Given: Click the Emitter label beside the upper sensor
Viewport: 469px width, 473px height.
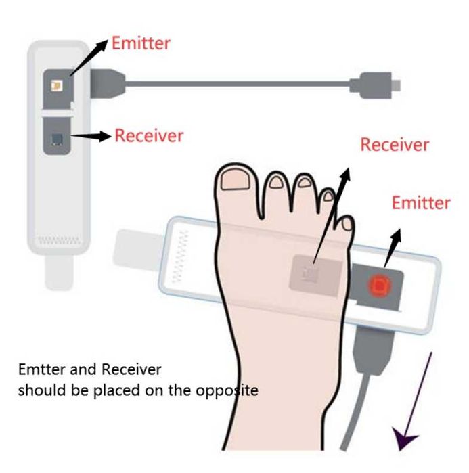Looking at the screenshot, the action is coord(141,43).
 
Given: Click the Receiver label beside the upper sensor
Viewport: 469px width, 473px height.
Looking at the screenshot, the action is coord(149,135).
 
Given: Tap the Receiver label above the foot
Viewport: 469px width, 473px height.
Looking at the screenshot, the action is coord(395,145).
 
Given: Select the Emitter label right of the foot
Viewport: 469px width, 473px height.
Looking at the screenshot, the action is coord(421,203).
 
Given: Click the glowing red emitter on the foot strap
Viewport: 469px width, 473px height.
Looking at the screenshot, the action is coord(378,285).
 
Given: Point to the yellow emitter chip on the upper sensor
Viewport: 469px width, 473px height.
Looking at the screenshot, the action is coord(57,86).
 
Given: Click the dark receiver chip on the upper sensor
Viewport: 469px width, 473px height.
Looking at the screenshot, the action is coord(57,139).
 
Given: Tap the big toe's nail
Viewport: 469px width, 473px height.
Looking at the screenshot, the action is coord(236,181).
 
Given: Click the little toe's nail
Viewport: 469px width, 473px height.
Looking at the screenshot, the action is coord(347,223).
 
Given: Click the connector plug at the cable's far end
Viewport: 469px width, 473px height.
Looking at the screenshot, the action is coord(375,85).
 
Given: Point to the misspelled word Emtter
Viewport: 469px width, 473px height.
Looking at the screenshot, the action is coord(42,369).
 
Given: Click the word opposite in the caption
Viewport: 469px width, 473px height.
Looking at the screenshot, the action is coord(227,391).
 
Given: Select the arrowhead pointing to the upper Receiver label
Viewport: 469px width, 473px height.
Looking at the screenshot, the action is coord(104,136).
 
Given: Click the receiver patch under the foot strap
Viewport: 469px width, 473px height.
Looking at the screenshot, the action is coord(315,275).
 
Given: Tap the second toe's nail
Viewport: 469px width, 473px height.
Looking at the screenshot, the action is coord(275,182).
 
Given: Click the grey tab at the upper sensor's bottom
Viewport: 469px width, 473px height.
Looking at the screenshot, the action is coord(59,272).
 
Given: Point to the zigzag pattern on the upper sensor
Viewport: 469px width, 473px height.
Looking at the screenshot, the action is coord(59,240).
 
